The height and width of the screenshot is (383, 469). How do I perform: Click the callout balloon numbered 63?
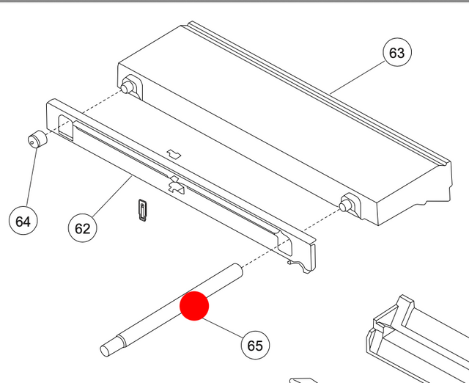pyautogui.click(x=397, y=52)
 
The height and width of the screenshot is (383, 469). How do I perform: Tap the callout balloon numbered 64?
pyautogui.click(x=23, y=221)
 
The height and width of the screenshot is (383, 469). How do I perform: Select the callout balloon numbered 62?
pyautogui.click(x=83, y=228)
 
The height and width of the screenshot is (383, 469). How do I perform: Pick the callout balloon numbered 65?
pyautogui.click(x=255, y=345)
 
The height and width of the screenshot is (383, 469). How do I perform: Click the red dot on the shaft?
pyautogui.click(x=194, y=306)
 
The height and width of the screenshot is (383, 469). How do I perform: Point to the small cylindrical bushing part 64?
pyautogui.click(x=37, y=139)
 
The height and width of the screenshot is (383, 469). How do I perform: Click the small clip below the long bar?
pyautogui.click(x=143, y=211)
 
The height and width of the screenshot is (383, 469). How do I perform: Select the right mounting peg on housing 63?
pyautogui.click(x=347, y=205)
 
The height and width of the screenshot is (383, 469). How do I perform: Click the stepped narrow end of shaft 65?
pyautogui.click(x=111, y=346)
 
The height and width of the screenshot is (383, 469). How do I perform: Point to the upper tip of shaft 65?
pyautogui.click(x=238, y=269)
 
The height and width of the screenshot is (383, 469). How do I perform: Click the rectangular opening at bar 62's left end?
pyautogui.click(x=65, y=128)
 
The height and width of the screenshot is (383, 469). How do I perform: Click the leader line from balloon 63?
pyautogui.click(x=358, y=77)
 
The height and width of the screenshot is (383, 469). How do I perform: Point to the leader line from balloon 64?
pyautogui.click(x=32, y=176)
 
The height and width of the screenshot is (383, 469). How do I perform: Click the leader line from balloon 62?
pyautogui.click(x=112, y=196)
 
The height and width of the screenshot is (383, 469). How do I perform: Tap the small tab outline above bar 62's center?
pyautogui.click(x=174, y=153)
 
